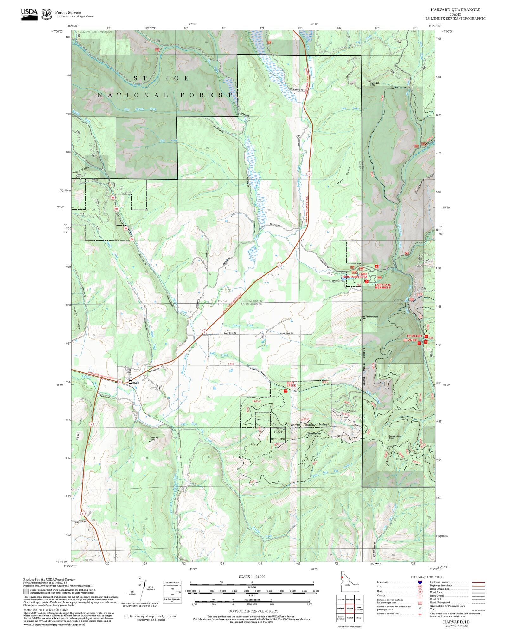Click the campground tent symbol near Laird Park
pos(376,266)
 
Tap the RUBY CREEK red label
pos(291,384)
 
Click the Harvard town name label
pos(135,383)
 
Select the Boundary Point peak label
pos(395,436)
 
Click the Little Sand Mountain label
pos(369,317)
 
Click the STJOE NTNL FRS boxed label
pos(278,435)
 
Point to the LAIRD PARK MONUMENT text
pos(383,286)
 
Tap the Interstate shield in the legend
pos(420,582)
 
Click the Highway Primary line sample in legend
pos(478,582)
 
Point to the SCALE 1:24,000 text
pos(252,577)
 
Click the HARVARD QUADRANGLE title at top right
pos(455,10)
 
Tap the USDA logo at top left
pos(29,14)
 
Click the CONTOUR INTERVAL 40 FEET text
pos(253,611)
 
